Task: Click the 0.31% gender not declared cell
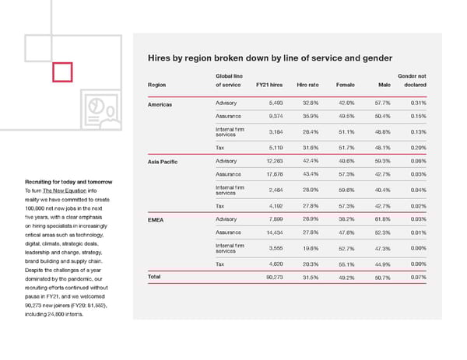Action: click(416, 103)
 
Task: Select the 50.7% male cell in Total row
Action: click(382, 277)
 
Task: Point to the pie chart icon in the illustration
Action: click(98, 105)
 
